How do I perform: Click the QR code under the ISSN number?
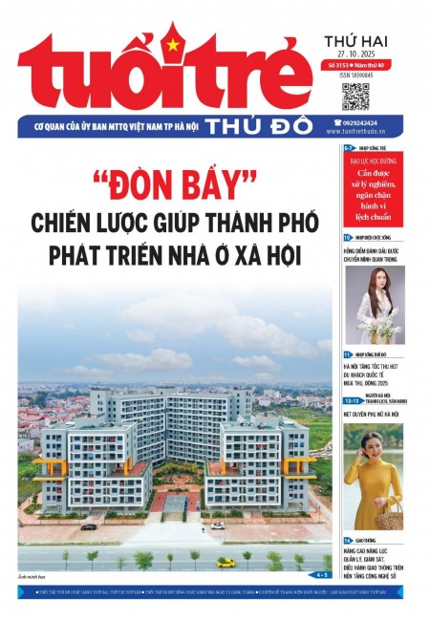pos(355,96)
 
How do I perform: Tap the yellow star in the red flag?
pos(172,45)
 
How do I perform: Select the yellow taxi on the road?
pos(226,562)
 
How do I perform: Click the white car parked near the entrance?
pos(217,525)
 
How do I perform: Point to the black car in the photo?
pos(89,525)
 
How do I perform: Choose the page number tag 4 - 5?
pos(318,575)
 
